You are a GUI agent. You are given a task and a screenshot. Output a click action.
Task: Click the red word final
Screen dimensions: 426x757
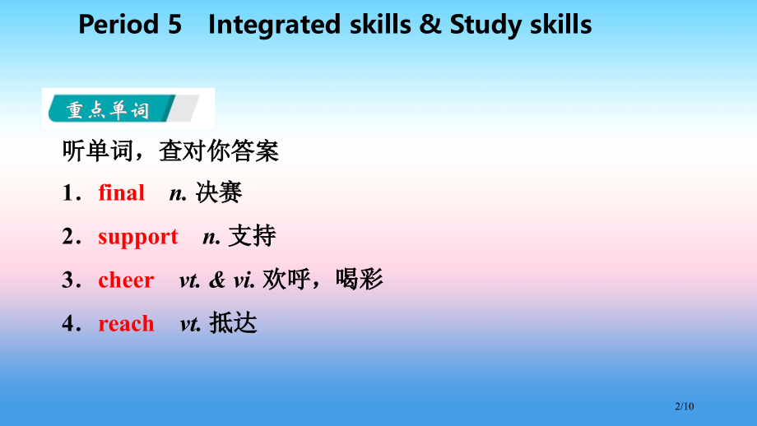click(121, 193)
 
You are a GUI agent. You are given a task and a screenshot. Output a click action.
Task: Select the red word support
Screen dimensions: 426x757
click(137, 237)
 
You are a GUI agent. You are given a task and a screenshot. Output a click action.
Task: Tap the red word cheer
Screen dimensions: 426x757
click(126, 280)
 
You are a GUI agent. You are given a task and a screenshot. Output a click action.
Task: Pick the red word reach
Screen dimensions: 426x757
click(126, 324)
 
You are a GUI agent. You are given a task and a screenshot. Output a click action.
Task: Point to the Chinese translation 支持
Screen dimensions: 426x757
click(253, 237)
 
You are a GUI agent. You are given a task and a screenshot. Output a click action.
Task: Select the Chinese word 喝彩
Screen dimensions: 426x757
click(360, 280)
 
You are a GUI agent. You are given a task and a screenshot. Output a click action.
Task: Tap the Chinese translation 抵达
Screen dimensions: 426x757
click(234, 324)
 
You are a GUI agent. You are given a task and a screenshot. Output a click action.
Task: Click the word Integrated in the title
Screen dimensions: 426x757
click(274, 25)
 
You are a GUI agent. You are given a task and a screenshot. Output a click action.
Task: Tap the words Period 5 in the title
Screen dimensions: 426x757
click(130, 25)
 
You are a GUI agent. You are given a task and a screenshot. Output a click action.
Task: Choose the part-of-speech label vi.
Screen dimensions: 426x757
click(244, 280)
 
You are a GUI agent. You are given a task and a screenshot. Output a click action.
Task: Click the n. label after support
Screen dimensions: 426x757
click(211, 237)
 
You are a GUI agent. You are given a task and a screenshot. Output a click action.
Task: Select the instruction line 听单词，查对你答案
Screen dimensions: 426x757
click(170, 151)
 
